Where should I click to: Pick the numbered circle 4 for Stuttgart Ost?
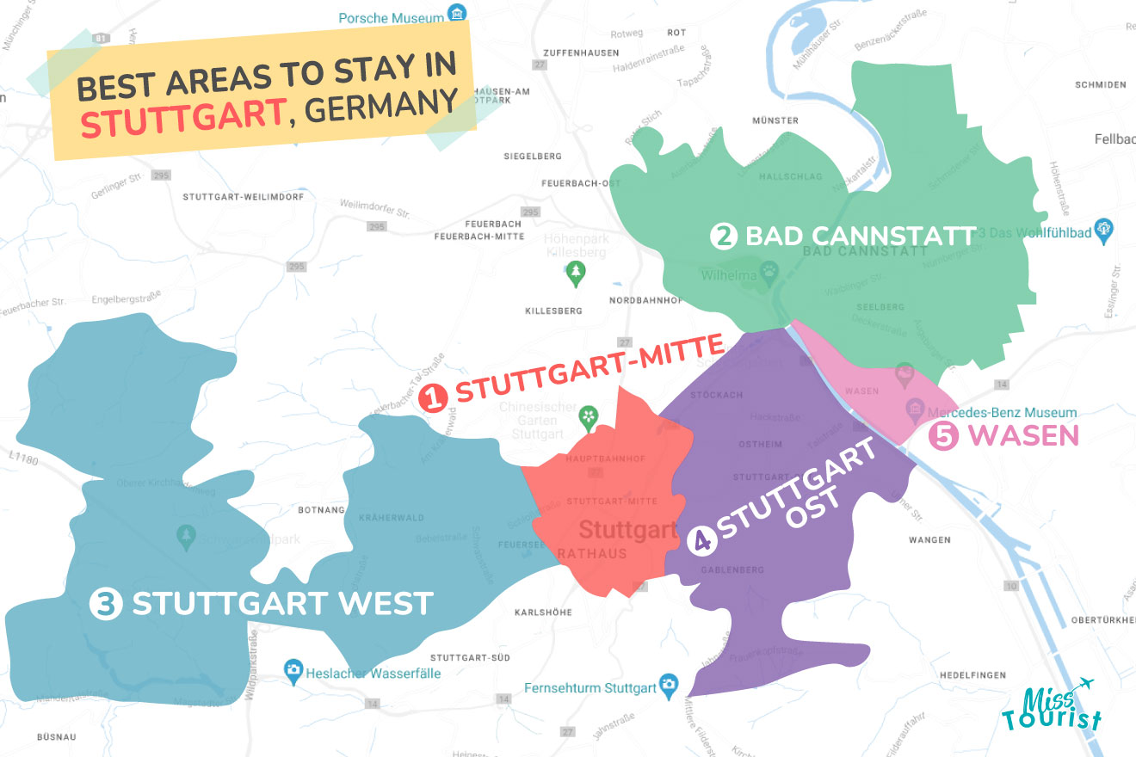[702, 540]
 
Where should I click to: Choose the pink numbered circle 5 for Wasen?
[943, 436]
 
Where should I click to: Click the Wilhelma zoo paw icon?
[769, 274]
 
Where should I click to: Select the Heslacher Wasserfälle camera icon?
[293, 669]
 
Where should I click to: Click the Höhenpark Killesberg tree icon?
[576, 274]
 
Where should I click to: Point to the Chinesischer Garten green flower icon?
[589, 417]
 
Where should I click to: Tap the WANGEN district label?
[929, 540]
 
